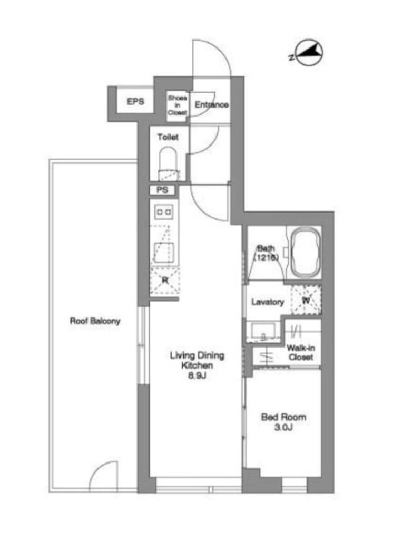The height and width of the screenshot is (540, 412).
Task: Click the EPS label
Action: click(x=135, y=102)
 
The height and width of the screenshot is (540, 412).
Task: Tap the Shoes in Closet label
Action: click(x=177, y=105)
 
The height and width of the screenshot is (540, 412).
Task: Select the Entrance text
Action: click(x=212, y=104)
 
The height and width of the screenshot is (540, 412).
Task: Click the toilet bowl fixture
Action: click(x=168, y=164)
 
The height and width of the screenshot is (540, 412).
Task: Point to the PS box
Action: click(x=162, y=190)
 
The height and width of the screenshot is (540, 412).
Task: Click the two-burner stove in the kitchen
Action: click(x=164, y=211)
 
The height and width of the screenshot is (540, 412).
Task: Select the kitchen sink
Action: click(x=163, y=252)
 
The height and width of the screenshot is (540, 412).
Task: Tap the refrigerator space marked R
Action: click(x=165, y=281)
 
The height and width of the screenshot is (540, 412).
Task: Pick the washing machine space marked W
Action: click(x=306, y=300)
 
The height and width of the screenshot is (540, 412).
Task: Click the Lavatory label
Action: click(x=268, y=302)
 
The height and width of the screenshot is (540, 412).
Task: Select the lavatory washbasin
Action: click(x=262, y=332)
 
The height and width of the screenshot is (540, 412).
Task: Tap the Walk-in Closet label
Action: click(x=301, y=352)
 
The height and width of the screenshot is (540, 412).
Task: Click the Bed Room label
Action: click(x=283, y=417)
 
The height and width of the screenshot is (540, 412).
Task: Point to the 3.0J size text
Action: click(x=283, y=428)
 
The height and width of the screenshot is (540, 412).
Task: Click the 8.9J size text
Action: click(x=197, y=375)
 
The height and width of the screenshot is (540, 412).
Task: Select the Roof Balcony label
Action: click(x=95, y=321)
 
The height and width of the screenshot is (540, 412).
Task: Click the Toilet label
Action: click(x=168, y=137)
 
